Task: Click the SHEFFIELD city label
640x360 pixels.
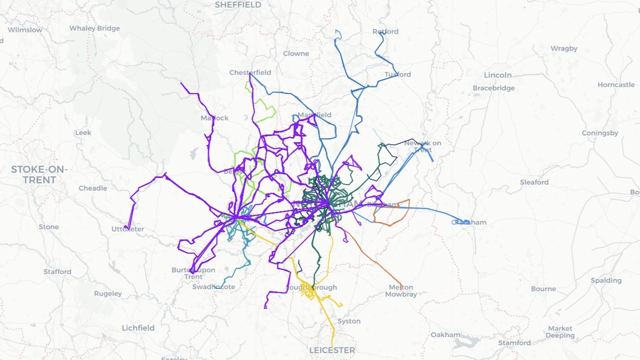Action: (238, 5)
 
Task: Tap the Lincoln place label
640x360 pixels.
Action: (497, 75)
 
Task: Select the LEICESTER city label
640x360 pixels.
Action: (332, 350)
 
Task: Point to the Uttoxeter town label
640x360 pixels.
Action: (127, 229)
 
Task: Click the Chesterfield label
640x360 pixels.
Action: (250, 73)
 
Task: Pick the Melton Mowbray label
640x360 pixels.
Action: (401, 290)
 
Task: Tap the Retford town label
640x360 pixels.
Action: (385, 32)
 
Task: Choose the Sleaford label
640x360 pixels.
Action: (534, 182)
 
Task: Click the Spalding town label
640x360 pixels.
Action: (606, 280)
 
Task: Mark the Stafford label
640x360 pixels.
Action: (57, 272)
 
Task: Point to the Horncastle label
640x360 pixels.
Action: (616, 85)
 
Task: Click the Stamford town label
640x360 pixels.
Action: (515, 343)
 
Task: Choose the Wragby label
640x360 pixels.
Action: (564, 49)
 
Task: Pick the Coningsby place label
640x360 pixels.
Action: (600, 133)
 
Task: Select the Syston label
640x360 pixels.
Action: (349, 321)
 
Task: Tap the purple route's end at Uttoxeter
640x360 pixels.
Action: (126, 227)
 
